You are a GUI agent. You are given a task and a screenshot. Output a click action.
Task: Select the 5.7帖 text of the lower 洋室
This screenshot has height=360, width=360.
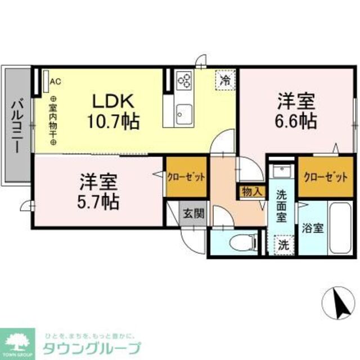pyautogui.click(x=98, y=201)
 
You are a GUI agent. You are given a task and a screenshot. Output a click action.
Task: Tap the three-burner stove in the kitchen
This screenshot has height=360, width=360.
pyautogui.click(x=184, y=81)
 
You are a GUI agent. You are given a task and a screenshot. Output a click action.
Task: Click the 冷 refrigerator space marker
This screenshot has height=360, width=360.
pyautogui.click(x=225, y=80)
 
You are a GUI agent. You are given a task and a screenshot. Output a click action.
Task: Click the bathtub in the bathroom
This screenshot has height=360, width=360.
pyautogui.click(x=340, y=229)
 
